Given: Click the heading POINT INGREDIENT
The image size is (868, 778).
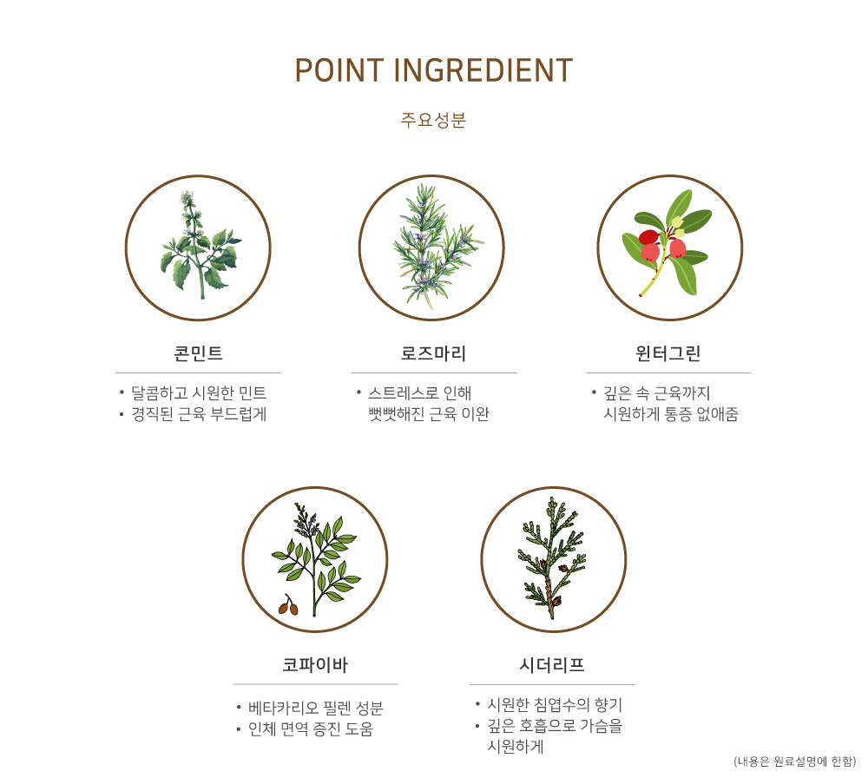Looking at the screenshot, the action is [433, 70].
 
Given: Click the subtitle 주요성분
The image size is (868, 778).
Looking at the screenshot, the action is [433, 120].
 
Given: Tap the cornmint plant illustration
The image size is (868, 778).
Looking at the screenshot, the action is [200, 247].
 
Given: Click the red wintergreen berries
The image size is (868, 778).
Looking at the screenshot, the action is [662, 246].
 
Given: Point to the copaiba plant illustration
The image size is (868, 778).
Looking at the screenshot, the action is [316, 559].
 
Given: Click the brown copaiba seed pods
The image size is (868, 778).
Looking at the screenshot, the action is [288, 605].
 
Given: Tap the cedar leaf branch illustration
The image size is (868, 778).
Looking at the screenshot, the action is [551, 557].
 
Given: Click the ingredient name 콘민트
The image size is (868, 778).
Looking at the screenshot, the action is [198, 353].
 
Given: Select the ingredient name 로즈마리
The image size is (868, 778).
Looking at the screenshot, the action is [433, 353].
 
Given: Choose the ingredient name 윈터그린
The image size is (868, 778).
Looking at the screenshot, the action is [668, 353].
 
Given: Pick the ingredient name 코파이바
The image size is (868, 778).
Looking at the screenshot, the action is [315, 664].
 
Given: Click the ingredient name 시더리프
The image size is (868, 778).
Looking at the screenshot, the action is [552, 664].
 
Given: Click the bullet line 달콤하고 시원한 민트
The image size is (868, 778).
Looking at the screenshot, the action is [199, 393].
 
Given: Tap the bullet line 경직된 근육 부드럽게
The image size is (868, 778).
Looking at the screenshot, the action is [199, 414].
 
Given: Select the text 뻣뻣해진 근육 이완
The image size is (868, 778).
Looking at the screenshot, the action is [429, 414].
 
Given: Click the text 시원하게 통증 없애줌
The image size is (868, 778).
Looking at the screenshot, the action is [671, 414].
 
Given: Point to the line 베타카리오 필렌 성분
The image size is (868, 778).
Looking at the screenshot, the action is [316, 709].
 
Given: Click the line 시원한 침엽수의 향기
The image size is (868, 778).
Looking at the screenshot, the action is [555, 705].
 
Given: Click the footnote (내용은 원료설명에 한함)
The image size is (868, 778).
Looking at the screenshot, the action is [795, 762].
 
